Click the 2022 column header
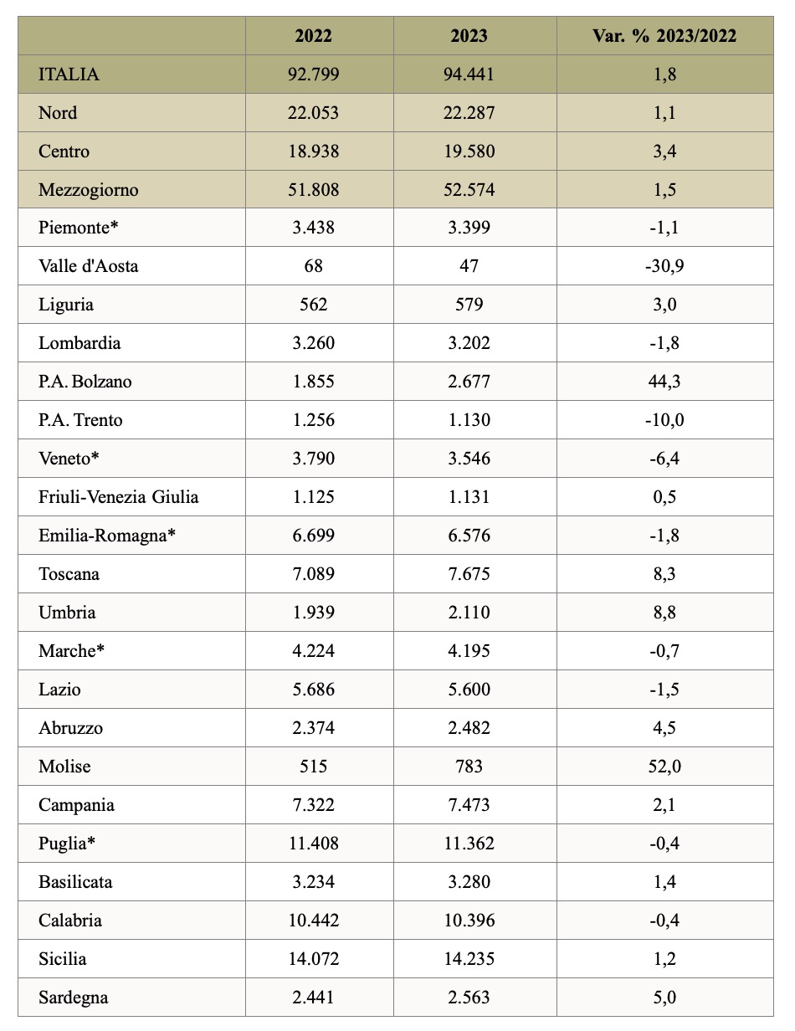(x=313, y=36)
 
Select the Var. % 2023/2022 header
(x=664, y=36)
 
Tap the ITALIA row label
(x=69, y=74)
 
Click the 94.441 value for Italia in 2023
(x=469, y=74)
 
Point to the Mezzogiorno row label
(x=88, y=190)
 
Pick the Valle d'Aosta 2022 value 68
(x=313, y=266)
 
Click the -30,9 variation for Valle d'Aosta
(x=664, y=266)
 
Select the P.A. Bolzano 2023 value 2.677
(x=469, y=382)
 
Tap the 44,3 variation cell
(x=664, y=382)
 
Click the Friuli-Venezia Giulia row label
(x=119, y=497)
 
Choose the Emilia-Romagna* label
(x=107, y=536)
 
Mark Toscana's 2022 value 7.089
(x=313, y=574)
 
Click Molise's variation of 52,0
(x=664, y=767)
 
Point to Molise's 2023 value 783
(x=469, y=767)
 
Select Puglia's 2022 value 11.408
(x=313, y=843)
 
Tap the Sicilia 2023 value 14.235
(x=469, y=959)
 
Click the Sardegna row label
(x=73, y=998)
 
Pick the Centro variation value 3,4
(x=664, y=151)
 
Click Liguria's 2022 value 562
(x=313, y=305)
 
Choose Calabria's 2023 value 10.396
(x=469, y=921)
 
